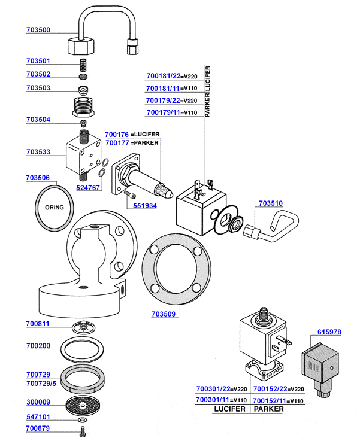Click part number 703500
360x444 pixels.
point(38,30)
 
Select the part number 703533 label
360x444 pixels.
point(38,153)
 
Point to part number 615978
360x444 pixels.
point(329,332)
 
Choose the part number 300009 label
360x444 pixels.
point(38,403)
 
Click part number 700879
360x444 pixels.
point(38,428)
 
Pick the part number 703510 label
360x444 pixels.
point(271,203)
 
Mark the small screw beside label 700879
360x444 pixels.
point(82,429)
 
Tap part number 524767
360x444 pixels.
point(88,187)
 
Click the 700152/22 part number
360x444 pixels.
point(271,388)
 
